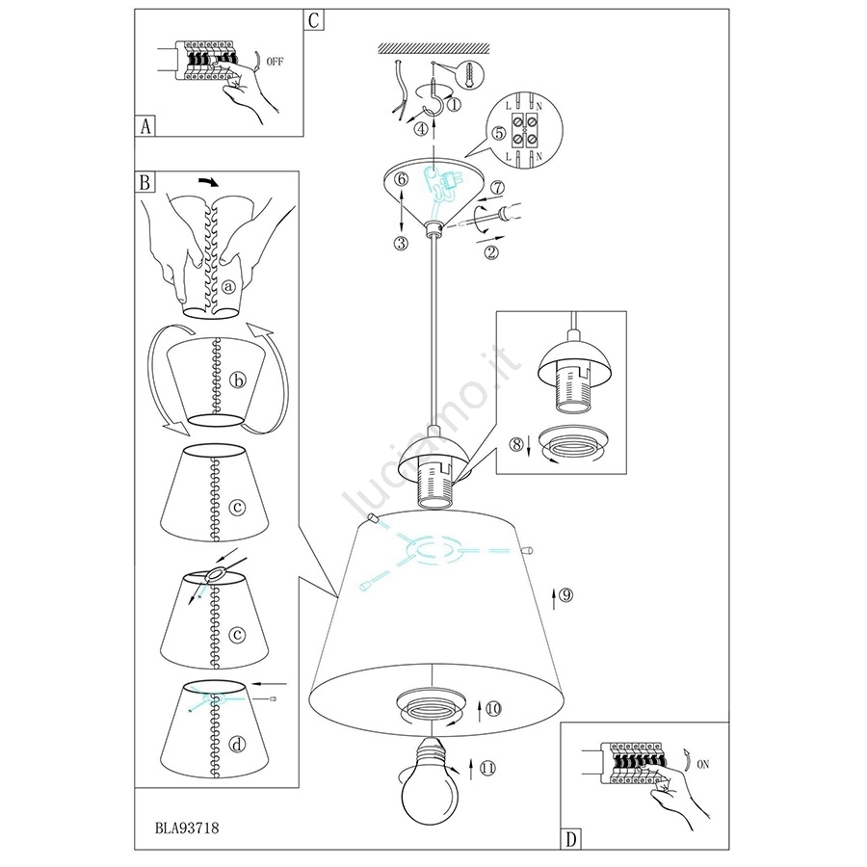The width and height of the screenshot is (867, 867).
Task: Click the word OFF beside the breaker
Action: pos(275,62)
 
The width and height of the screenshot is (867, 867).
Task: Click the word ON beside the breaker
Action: pos(703,764)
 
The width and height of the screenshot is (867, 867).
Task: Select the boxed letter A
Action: pos(145,126)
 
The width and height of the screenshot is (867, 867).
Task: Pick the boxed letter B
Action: pos(144,181)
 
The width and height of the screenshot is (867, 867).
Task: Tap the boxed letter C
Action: pos(313,20)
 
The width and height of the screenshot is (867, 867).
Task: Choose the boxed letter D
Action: pos(570,839)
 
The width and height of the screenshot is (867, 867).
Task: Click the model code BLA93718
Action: pos(187,828)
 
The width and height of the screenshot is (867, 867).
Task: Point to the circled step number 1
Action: pos(454,104)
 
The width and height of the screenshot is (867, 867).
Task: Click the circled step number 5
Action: pos(499,133)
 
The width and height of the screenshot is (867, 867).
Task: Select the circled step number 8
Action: pos(516,444)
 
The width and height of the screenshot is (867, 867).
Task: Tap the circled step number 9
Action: pos(565,595)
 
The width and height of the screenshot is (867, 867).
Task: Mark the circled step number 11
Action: pos(487,768)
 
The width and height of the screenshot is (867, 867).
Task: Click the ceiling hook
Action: pos(433,96)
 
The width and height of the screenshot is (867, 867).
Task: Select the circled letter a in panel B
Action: pos(228,286)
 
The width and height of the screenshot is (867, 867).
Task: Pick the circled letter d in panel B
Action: pos(237,745)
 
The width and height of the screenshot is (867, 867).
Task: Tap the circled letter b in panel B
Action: pos(238,381)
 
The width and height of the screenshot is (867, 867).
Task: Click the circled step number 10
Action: pos(493,708)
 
